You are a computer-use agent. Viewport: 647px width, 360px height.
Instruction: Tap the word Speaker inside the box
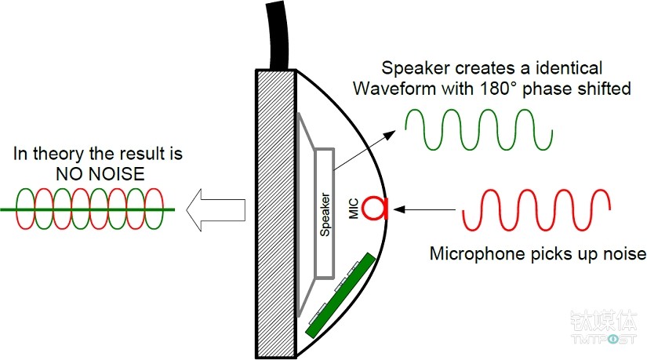tap(326, 213)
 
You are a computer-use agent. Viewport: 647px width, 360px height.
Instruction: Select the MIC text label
tap(354, 208)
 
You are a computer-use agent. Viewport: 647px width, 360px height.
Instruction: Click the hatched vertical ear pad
tap(275, 212)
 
